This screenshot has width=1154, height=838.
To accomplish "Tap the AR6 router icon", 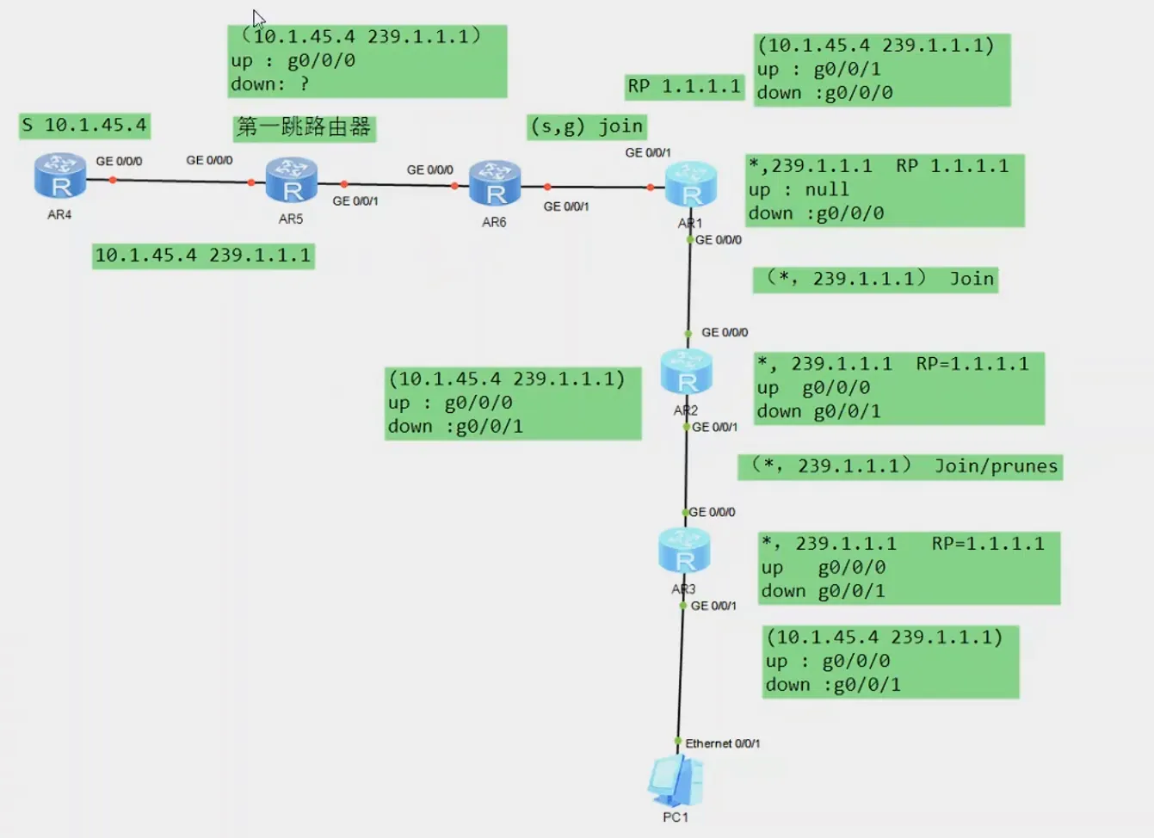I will (494, 183).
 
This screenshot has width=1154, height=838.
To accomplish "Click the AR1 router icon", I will (690, 184).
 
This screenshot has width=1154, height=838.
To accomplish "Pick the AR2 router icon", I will (686, 372).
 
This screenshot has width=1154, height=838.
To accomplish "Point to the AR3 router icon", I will (684, 551).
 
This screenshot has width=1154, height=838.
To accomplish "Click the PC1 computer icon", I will (676, 780).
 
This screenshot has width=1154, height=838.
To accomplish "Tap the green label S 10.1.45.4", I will (85, 126).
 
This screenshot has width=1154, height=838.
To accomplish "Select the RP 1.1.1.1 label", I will (684, 87).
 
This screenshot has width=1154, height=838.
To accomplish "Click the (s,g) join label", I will (587, 127).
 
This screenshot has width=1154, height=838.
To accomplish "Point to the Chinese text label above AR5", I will (304, 127).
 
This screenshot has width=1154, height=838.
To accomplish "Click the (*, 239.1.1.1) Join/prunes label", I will (900, 466).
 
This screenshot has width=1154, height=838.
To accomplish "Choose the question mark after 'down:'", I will (304, 84).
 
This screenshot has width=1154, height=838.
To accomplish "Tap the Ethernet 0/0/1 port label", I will (722, 743).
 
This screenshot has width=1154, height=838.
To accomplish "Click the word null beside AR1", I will (826, 189).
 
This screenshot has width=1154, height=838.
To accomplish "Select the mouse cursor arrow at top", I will (257, 17).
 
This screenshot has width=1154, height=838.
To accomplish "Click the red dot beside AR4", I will (113, 180).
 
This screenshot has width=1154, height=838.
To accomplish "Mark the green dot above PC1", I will (678, 742).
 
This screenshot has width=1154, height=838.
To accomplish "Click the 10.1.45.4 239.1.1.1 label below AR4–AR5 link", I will (203, 256).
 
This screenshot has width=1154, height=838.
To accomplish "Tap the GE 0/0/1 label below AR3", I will (713, 606).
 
